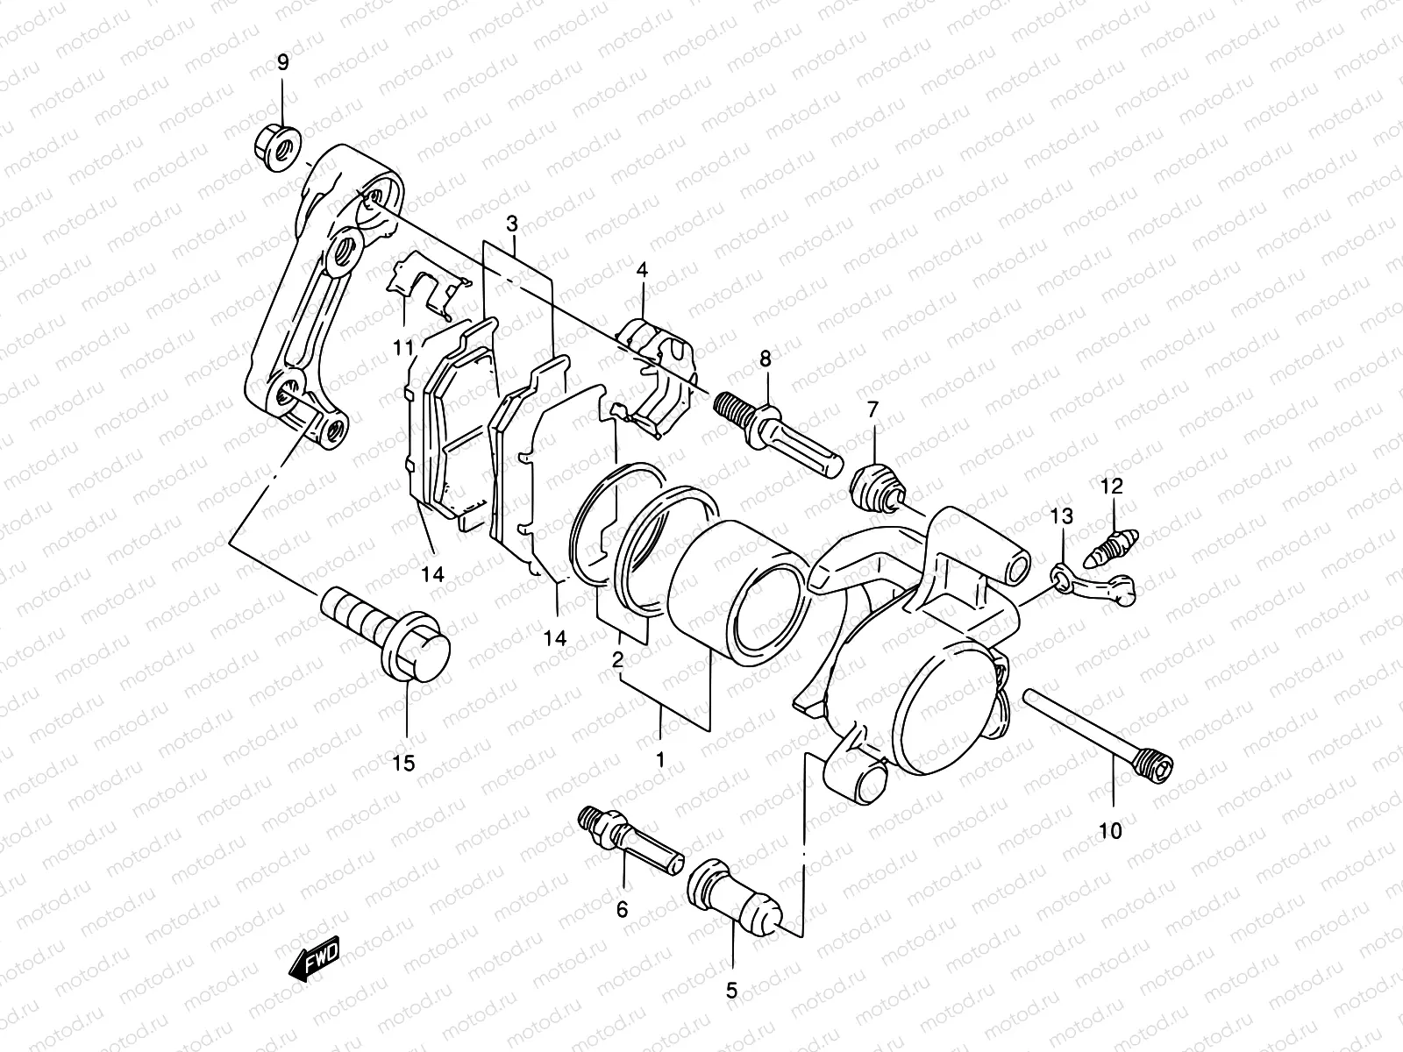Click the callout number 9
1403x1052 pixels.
pos(282,63)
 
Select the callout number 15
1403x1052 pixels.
pos(402,764)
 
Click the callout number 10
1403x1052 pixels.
pos(1110,830)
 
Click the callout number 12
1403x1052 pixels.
pos(1112,486)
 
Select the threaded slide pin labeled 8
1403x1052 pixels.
pos(780,435)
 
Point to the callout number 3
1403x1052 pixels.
pos(512,224)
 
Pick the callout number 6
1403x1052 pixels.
pos(622,910)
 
